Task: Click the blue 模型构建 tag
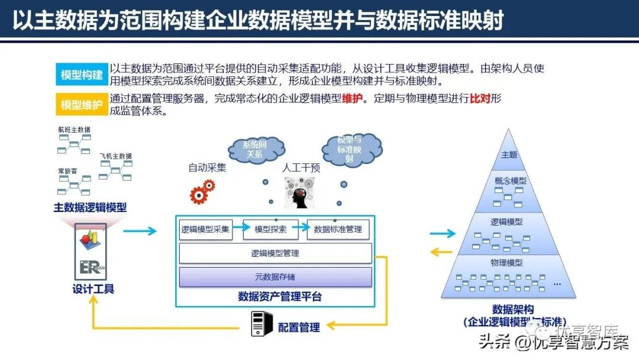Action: point(82,75)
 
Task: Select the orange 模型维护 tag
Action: point(82,105)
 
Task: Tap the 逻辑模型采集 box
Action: point(205,229)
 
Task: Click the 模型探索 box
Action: point(270,229)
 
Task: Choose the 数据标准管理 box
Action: point(338,229)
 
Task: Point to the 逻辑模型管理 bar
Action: point(275,253)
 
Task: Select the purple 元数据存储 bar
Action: point(275,277)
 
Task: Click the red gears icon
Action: point(202,192)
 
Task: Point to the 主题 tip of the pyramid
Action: point(509,155)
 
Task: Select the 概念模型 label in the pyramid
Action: point(510,181)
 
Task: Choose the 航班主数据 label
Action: point(74,130)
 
